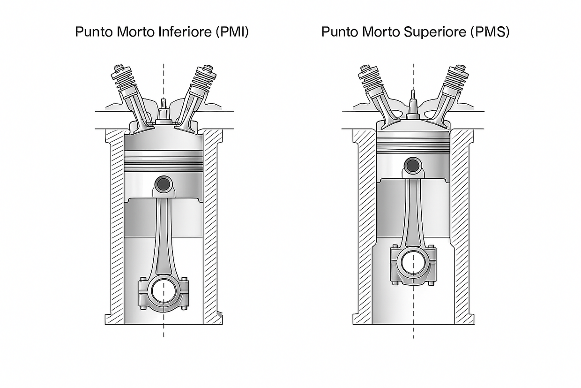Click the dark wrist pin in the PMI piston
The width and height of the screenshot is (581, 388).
164,184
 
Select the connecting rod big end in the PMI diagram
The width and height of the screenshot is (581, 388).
164,294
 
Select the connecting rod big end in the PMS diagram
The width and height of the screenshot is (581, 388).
413,264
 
